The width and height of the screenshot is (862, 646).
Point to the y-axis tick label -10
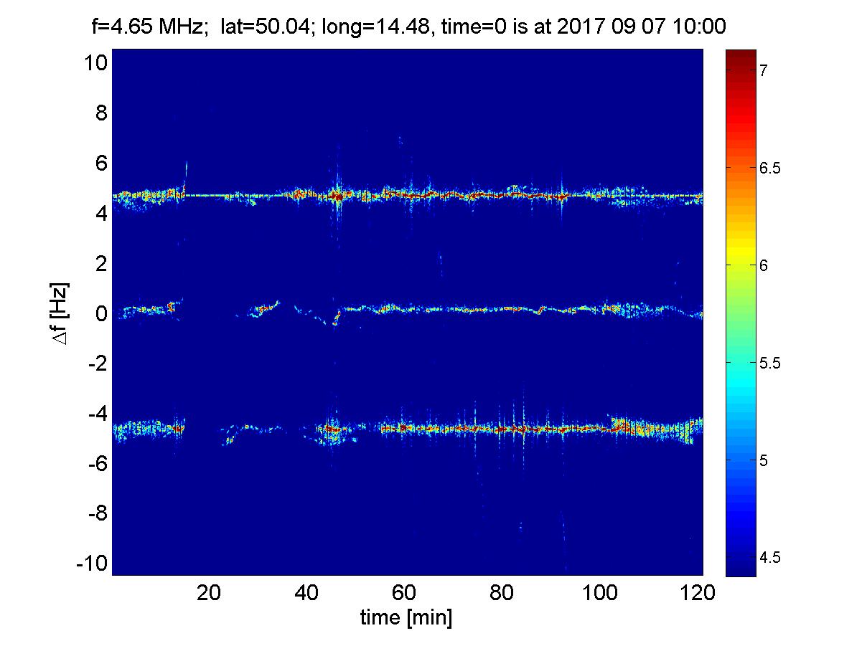tap(90, 563)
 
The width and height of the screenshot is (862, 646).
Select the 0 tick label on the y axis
tap(100, 313)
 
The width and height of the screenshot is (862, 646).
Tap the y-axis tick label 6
tap(100, 163)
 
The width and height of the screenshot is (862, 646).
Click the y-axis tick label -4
tap(95, 413)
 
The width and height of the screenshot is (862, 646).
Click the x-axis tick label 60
tap(405, 593)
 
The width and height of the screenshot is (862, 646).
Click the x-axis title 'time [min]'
tap(406, 618)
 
